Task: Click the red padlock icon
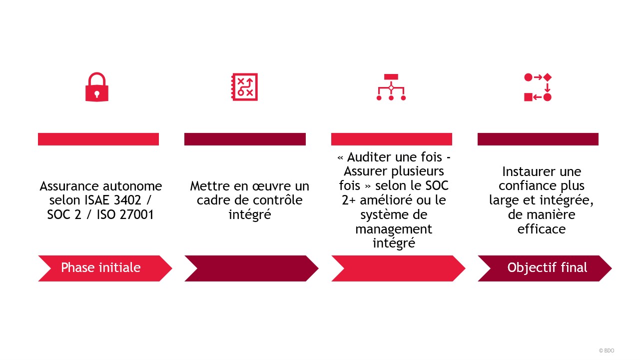pos(97,87)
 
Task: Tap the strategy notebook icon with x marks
pos(245,87)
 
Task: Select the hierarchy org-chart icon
pos(391,87)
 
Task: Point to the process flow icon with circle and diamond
pos(538,87)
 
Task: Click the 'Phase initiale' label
pos(101,267)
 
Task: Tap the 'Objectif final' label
pos(547,267)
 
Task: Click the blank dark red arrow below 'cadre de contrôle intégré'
pos(251,268)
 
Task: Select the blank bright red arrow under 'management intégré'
pos(398,268)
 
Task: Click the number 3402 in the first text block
pos(127,200)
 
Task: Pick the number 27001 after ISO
pos(136,214)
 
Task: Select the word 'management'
pos(394,229)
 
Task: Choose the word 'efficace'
pos(542,229)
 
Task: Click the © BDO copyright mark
pos(607,350)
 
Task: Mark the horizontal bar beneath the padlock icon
pos(98,139)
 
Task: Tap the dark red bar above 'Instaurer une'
pos(538,139)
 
